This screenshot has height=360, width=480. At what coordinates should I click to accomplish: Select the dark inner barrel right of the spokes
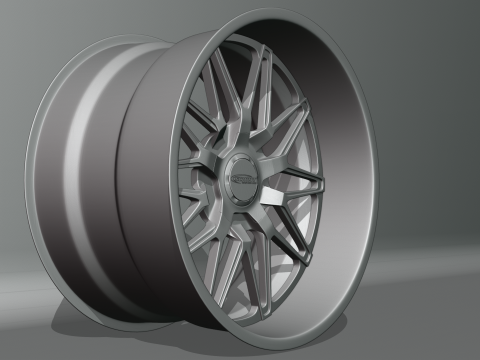point(345,190)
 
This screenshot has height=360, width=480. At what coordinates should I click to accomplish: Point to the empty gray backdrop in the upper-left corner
point(30,25)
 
